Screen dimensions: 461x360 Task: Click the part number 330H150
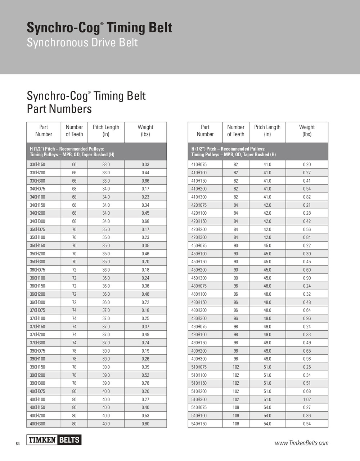(x=37, y=165)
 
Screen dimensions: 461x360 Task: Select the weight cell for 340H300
(x=145, y=221)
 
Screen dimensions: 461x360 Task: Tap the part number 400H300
(x=37, y=424)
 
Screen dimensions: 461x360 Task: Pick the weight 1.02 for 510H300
(x=307, y=399)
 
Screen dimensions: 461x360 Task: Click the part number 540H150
(x=199, y=424)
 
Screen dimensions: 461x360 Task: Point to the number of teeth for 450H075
(x=236, y=246)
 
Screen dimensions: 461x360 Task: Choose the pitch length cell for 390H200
(x=106, y=375)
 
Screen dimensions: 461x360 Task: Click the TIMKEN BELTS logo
(x=54, y=440)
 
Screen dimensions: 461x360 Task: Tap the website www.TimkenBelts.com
(x=302, y=443)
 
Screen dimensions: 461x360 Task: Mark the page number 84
(x=18, y=444)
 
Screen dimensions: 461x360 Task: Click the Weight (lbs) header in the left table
(x=145, y=131)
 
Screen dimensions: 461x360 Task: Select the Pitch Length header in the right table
(x=267, y=131)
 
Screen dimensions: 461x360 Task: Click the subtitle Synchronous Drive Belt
(x=82, y=43)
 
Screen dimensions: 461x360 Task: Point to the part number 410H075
(x=199, y=165)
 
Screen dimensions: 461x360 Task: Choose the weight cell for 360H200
(x=145, y=294)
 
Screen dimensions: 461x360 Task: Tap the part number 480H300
(x=199, y=318)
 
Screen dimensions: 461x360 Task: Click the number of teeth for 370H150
(x=74, y=327)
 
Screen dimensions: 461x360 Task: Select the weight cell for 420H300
(x=307, y=237)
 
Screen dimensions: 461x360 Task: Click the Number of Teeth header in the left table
(x=74, y=131)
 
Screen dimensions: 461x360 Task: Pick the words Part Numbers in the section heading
(x=59, y=109)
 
